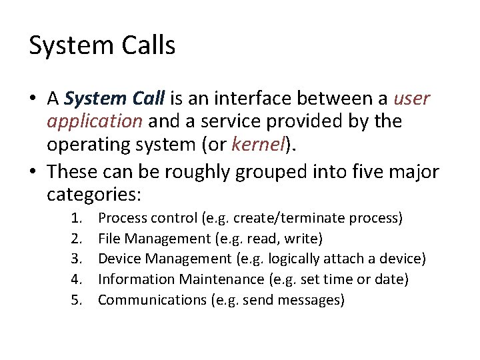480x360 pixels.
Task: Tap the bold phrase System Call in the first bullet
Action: click(115, 99)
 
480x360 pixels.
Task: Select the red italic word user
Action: click(412, 99)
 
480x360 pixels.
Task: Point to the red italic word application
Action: click(95, 122)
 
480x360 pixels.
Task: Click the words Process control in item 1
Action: click(138, 218)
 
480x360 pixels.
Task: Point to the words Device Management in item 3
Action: click(154, 259)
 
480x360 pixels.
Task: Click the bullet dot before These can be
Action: click(33, 173)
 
